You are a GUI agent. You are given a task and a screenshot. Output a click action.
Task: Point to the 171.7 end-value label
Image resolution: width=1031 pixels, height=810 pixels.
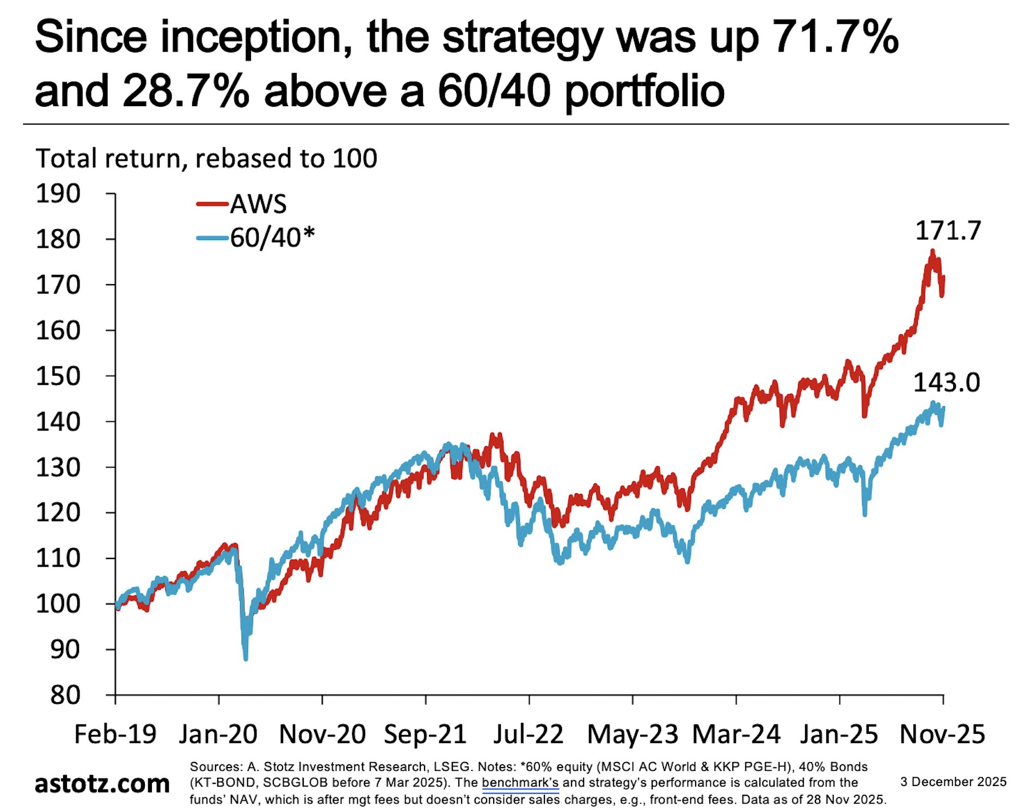click(948, 231)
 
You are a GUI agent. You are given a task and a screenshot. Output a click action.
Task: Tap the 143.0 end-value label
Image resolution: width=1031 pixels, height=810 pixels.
click(946, 383)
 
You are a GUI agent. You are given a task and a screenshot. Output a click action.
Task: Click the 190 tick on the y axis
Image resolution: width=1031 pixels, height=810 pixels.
click(58, 194)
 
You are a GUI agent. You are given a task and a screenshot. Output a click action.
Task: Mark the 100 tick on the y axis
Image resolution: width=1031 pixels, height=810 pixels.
click(58, 604)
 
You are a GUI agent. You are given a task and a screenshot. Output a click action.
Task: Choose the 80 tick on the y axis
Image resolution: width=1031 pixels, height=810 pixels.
click(65, 695)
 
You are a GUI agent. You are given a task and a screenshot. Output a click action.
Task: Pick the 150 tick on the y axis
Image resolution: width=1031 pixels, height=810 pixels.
click(58, 376)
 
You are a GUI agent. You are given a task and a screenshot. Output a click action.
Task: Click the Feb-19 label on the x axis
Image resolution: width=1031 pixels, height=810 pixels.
click(115, 734)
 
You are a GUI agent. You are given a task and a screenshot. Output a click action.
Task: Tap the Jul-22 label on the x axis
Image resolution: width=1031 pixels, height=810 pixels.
click(528, 734)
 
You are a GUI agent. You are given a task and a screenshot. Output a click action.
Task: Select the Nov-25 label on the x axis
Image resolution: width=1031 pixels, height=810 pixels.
click(942, 734)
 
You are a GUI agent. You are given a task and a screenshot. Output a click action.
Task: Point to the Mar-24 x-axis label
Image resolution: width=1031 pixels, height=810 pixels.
click(736, 734)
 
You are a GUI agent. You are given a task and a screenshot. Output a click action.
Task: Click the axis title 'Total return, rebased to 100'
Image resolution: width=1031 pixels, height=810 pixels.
click(206, 158)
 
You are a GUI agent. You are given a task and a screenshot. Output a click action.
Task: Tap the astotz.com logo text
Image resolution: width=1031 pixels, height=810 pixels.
click(102, 783)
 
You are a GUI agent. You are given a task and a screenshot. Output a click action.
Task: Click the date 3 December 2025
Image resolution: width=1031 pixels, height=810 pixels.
click(953, 782)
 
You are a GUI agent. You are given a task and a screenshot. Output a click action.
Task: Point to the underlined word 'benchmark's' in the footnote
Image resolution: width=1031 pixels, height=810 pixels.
click(520, 783)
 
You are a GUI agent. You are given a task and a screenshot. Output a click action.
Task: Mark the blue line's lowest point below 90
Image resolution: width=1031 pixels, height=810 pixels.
click(246, 659)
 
